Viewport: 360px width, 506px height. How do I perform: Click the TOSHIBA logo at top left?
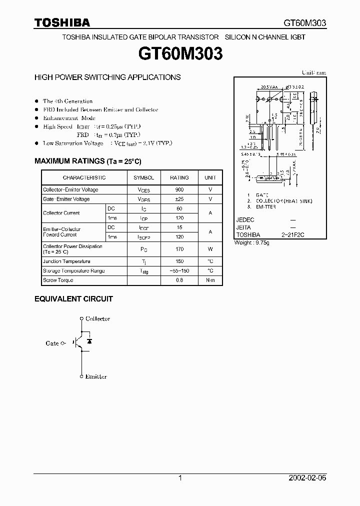62,22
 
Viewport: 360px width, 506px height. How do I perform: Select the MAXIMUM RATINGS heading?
87,161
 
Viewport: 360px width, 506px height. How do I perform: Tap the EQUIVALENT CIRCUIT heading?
73,299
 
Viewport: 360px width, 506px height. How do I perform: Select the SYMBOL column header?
144,177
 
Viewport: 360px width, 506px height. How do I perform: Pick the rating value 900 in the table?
179,190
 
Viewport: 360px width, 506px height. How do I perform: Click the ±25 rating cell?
179,199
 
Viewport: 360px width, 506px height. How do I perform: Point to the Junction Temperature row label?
66,261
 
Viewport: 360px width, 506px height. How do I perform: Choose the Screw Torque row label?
58,280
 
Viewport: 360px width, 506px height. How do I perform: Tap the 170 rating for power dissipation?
179,249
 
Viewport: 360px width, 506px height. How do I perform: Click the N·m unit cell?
210,280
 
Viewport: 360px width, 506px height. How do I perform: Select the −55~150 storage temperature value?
179,271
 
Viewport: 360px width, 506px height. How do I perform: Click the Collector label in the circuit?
97,318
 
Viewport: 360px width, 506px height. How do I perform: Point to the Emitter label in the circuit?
96,376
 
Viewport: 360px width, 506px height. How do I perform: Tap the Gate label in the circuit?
52,343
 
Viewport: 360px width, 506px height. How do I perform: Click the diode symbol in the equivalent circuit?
89,341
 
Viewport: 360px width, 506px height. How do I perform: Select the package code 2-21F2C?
293,235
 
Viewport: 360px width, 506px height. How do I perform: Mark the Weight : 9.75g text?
252,243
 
